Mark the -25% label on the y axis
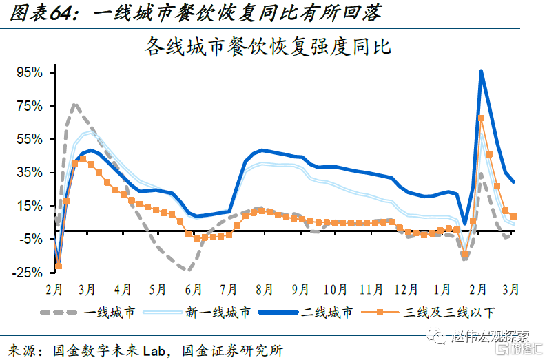tap(28, 272)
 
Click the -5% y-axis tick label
tap(30, 239)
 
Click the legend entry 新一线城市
tap(218, 313)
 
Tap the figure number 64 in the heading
tap(63, 13)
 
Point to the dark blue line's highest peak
tap(480, 71)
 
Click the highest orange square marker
tap(481, 118)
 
